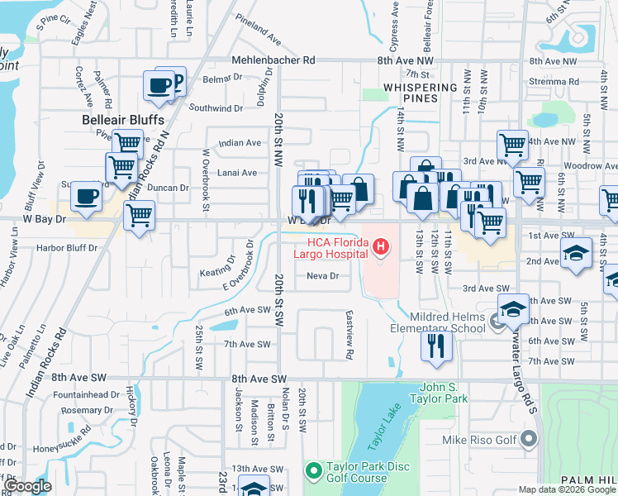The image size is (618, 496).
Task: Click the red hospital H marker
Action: pyautogui.click(x=380, y=246)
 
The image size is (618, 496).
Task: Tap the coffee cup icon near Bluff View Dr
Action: pyautogui.click(x=87, y=197)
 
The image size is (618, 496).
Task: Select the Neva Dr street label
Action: pyautogui.click(x=323, y=276)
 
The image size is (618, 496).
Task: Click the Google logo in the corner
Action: pyautogui.click(x=28, y=486)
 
